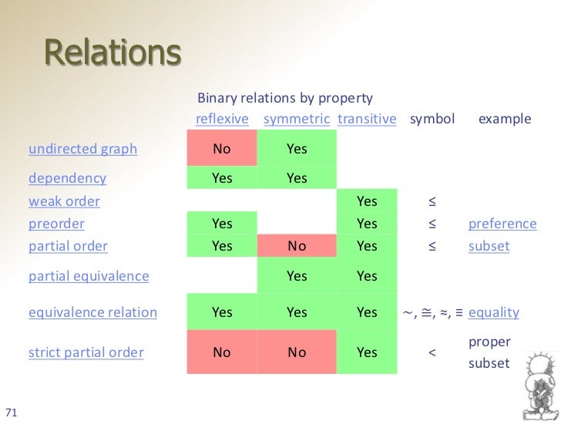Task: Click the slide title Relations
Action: (x=113, y=53)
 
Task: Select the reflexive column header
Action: (x=222, y=120)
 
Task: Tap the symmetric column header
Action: (x=297, y=120)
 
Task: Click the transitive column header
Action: (x=367, y=120)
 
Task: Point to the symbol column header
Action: (x=432, y=120)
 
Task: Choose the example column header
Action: (x=505, y=120)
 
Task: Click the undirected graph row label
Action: (x=82, y=149)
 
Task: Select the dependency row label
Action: (x=67, y=178)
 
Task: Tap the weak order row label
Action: (x=64, y=201)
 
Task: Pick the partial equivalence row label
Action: (x=89, y=275)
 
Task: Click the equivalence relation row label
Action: (x=92, y=312)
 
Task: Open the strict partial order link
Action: (x=86, y=352)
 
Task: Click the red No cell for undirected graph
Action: (x=222, y=149)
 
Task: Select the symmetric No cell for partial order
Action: (x=297, y=247)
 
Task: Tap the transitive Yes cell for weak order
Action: (x=367, y=201)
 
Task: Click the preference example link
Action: (x=502, y=224)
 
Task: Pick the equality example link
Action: (x=493, y=312)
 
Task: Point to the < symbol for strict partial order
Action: (x=432, y=352)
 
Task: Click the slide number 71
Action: (x=12, y=409)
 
